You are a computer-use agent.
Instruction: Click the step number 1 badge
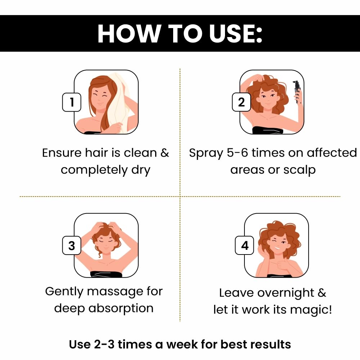(72, 102)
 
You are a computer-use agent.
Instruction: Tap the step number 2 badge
(241, 102)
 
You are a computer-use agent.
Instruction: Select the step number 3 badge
(72, 246)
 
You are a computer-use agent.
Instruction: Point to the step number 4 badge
(244, 246)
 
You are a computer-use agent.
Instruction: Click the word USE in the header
(235, 33)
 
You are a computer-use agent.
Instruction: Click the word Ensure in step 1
(62, 153)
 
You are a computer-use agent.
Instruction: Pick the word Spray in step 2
(206, 153)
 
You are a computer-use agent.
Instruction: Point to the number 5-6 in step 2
(237, 153)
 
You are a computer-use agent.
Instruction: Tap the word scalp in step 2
(300, 170)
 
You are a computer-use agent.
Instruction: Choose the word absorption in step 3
(121, 309)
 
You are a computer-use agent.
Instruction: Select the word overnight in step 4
(285, 293)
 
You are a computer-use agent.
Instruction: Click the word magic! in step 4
(311, 310)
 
